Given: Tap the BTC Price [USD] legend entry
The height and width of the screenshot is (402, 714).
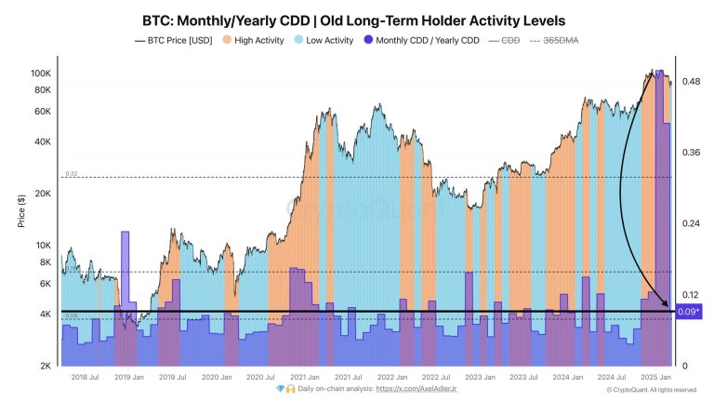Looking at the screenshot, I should point(179,41).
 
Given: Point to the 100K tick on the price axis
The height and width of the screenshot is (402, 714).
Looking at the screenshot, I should point(40,73).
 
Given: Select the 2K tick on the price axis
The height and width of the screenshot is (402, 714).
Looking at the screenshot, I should point(44,366).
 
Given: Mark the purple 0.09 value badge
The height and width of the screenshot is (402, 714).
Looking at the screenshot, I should point(689,313).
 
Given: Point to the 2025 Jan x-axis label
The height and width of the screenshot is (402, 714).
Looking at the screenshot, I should point(655,377).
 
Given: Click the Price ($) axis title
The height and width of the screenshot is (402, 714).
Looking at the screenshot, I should point(20,212).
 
